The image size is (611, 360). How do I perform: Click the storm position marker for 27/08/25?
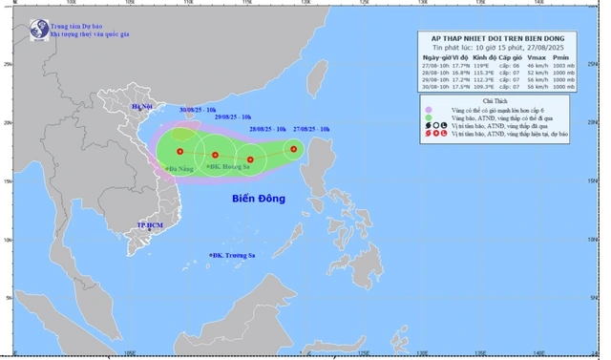pyautogui.click(x=294, y=148)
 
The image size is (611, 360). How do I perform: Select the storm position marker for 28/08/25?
pyautogui.click(x=250, y=159)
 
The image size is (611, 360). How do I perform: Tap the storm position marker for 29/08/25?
pyautogui.click(x=216, y=155)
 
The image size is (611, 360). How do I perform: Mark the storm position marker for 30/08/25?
pyautogui.click(x=179, y=151)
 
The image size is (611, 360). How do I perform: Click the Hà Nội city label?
pyautogui.click(x=155, y=107)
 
